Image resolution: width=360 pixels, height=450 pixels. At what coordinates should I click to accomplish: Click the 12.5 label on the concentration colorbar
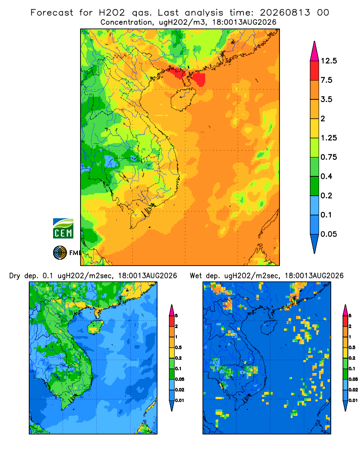[x=328, y=61]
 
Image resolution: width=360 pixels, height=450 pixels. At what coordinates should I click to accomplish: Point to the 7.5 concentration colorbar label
[x=326, y=80]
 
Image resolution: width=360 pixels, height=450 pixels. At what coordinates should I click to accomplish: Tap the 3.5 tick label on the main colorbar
[x=326, y=99]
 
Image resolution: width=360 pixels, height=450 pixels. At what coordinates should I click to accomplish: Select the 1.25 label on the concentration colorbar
[x=328, y=138]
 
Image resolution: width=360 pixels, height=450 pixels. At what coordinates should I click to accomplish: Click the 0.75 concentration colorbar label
[x=328, y=157]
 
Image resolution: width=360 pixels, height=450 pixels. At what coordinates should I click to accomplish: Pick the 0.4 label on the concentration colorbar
[x=326, y=176]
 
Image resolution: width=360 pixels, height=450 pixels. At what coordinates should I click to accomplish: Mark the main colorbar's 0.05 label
[x=328, y=234]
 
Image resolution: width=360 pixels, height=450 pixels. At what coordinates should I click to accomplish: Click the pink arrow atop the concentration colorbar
[x=315, y=51]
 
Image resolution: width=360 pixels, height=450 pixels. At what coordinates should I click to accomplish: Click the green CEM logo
[x=63, y=229]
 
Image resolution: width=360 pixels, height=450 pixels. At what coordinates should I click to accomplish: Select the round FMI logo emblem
[x=60, y=253]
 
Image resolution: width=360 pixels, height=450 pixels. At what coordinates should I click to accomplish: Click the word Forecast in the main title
[x=52, y=13]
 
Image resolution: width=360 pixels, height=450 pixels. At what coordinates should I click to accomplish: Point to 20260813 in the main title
[x=285, y=13]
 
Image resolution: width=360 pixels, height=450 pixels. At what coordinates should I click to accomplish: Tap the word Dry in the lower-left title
[x=15, y=276]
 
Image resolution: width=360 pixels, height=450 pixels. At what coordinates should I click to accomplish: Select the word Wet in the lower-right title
[x=196, y=276]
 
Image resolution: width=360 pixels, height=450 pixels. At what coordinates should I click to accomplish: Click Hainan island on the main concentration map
[x=183, y=99]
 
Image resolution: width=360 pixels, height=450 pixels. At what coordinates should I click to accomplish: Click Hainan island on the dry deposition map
[x=95, y=327]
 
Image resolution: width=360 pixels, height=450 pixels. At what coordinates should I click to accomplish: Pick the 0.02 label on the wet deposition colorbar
[x=353, y=390]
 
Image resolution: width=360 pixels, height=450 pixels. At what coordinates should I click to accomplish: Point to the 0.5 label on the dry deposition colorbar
[x=178, y=347]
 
